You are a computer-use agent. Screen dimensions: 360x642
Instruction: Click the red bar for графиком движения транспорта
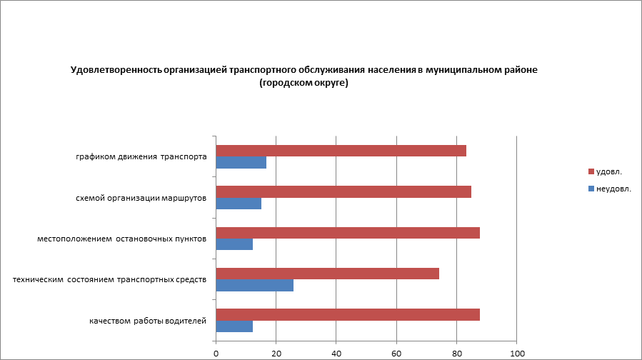pos(341,151)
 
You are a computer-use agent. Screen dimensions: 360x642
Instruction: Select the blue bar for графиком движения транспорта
pos(241,163)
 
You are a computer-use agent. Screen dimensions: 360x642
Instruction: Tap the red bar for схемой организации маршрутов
pos(343,191)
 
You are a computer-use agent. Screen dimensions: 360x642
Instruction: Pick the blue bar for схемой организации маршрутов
pos(239,204)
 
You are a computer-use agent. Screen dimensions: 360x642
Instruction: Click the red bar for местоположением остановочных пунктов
pos(348,233)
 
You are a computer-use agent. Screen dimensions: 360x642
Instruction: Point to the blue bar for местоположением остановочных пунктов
pos(234,244)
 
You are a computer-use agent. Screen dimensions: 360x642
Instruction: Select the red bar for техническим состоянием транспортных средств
pos(327,274)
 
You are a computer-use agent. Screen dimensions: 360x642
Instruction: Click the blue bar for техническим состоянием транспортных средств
pos(254,286)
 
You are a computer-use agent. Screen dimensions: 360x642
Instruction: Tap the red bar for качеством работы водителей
pos(348,315)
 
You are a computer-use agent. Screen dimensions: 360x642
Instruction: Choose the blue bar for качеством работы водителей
pos(234,326)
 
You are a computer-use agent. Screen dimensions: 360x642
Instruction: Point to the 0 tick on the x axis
pos(216,353)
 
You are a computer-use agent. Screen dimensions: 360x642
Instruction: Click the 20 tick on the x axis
pos(276,353)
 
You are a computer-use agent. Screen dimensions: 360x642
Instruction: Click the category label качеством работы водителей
pos(148,321)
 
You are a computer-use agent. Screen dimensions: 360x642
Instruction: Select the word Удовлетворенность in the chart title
pos(116,71)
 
